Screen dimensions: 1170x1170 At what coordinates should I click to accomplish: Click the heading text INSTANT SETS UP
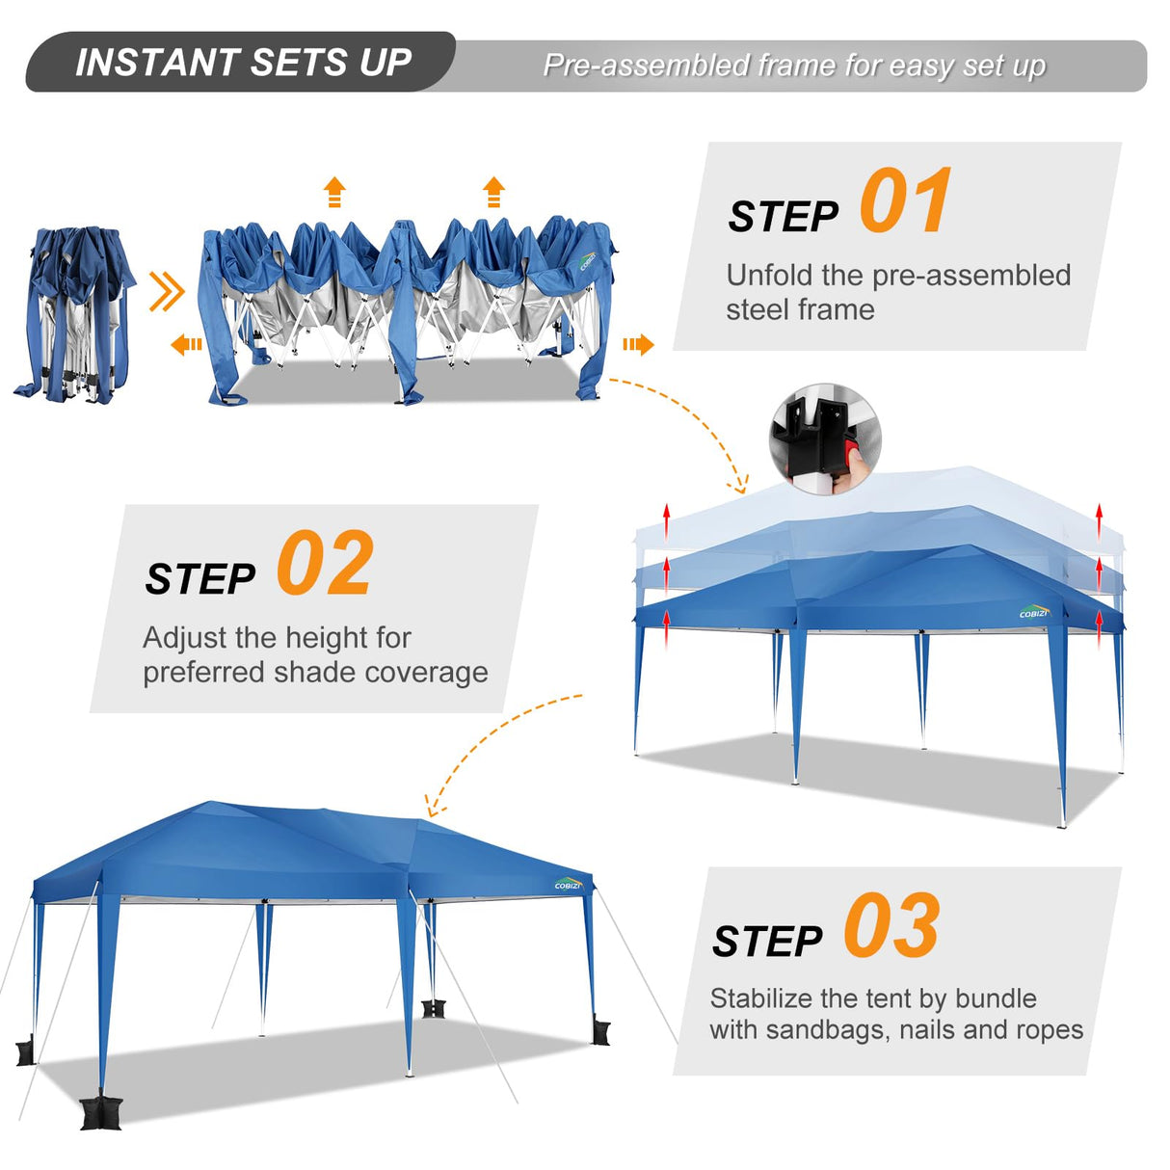point(243,63)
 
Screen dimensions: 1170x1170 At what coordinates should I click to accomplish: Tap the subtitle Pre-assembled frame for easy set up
point(794,66)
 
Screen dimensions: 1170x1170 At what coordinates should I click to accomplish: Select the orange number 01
point(905,201)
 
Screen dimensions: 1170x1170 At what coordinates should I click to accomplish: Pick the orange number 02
point(325,565)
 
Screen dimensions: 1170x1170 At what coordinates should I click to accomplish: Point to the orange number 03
point(891,926)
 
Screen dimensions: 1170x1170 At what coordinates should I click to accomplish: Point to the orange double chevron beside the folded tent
point(167,291)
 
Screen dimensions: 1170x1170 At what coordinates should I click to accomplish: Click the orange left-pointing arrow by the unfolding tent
point(186,344)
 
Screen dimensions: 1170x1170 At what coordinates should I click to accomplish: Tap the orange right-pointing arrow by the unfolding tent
point(638,344)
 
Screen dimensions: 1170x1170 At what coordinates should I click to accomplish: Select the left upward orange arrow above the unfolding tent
point(334,192)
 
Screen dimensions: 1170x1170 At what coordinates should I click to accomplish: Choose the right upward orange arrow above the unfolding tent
point(493,192)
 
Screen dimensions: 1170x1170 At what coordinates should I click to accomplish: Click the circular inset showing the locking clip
point(824,439)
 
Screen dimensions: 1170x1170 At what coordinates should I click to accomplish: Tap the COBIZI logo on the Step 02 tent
point(1033,612)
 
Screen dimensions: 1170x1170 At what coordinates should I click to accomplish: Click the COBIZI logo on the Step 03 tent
point(568,885)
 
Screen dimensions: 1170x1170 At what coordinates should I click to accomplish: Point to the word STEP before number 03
point(767,942)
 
